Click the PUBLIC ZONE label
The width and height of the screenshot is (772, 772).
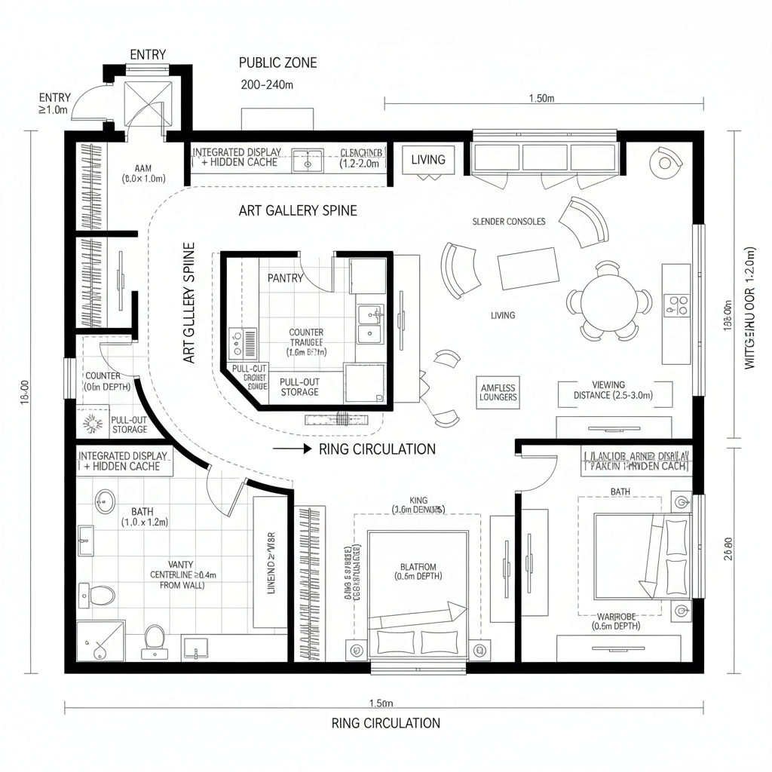(277, 63)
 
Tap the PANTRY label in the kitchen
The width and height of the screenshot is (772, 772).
(285, 278)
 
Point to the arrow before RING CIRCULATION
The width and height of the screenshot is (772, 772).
(293, 449)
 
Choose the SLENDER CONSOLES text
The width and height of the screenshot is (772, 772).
(508, 222)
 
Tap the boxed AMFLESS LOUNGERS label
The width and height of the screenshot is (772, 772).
(498, 393)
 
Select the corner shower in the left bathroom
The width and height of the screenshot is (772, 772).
(101, 640)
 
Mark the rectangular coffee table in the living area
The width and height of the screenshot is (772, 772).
(528, 268)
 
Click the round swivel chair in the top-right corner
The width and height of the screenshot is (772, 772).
(667, 161)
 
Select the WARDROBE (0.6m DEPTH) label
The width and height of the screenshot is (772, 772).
(616, 620)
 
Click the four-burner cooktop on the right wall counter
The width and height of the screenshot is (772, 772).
(676, 304)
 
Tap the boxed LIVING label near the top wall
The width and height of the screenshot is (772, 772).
(428, 160)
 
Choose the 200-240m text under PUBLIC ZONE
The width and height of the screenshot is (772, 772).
(266, 85)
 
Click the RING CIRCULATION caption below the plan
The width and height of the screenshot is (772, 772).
(385, 723)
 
